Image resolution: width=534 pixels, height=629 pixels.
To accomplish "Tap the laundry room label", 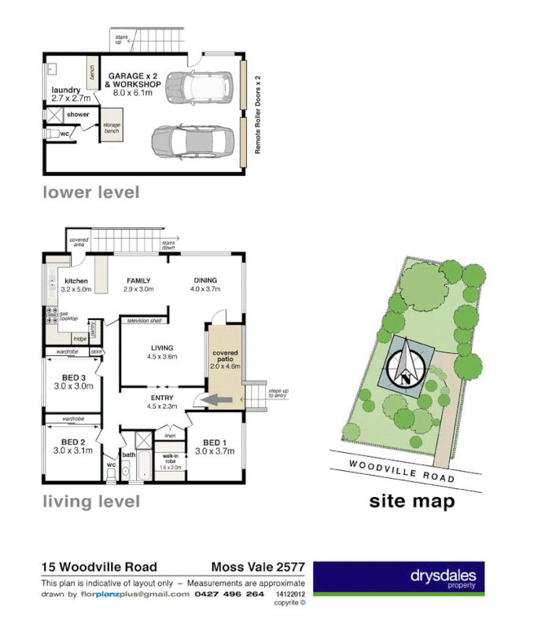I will coord(66,94).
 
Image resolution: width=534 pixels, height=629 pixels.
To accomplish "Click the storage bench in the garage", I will coord(109,131).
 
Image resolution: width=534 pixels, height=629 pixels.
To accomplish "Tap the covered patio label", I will coord(225,360).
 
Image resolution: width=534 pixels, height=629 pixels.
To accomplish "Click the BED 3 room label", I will coord(73,381).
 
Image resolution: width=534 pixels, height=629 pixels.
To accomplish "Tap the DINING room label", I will coord(204,285).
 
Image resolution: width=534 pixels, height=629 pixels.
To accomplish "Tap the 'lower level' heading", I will coord(90,192).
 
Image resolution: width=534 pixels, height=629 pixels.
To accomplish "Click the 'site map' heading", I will coord(411,502).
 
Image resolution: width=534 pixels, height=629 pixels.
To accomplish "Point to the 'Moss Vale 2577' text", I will coord(258,567).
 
